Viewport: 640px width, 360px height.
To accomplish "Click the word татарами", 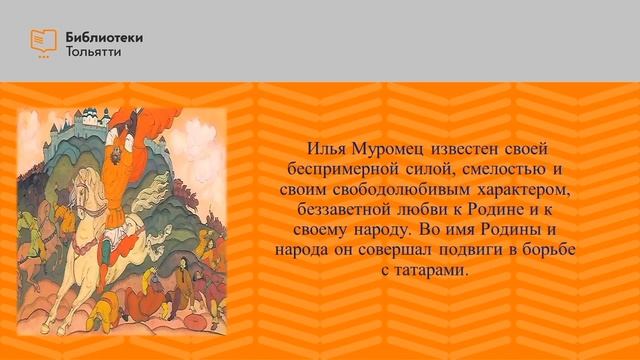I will pyautogui.click(x=432, y=272).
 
